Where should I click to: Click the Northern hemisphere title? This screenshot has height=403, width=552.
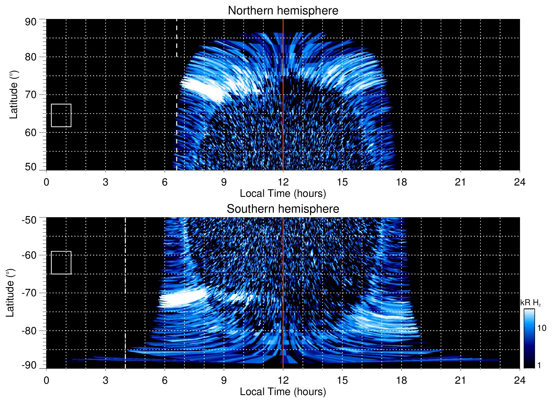(x=283, y=11)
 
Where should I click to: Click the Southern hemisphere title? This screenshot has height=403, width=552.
(x=283, y=209)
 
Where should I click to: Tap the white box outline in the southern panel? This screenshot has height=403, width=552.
(x=61, y=251)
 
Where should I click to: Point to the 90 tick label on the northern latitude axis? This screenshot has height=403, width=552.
(x=31, y=22)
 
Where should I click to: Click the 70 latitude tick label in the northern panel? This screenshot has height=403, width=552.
(x=31, y=95)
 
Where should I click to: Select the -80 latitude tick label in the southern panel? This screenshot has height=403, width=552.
(x=29, y=330)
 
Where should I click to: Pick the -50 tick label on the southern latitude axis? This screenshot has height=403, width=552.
(x=29, y=220)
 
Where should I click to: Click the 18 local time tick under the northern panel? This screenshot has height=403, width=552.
(x=401, y=182)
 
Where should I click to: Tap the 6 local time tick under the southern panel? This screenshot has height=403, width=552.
(x=164, y=380)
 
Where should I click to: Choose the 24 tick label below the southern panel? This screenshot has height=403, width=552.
(x=519, y=380)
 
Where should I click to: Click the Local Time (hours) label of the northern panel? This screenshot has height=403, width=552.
(x=283, y=193)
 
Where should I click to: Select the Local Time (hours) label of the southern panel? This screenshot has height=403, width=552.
(x=283, y=392)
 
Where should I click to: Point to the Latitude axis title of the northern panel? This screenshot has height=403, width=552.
(x=14, y=95)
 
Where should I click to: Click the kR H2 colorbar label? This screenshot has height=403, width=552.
(x=530, y=303)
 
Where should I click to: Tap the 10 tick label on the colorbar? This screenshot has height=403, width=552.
(x=542, y=328)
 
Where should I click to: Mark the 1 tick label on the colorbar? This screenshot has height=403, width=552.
(x=539, y=365)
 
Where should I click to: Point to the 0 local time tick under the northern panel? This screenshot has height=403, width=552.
(x=46, y=182)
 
